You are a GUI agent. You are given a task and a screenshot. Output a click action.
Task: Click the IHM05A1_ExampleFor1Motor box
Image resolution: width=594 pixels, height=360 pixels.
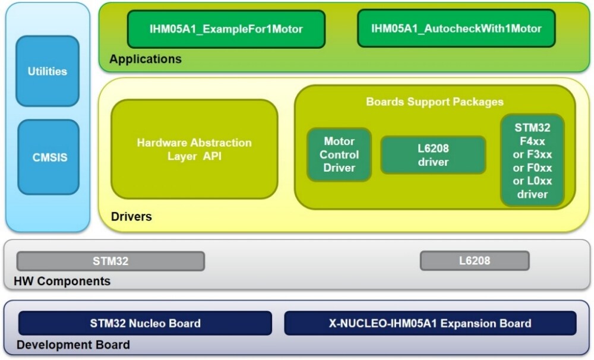click(226, 29)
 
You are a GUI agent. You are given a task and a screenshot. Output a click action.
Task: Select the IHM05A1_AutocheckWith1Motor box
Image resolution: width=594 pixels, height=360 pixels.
click(456, 29)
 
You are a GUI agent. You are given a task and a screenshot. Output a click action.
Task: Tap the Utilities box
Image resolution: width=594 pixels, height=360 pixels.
click(48, 71)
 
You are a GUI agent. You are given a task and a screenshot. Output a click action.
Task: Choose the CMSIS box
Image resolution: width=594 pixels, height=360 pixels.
click(48, 158)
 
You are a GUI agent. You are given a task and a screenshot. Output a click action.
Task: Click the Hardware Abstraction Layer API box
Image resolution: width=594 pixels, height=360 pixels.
click(194, 150)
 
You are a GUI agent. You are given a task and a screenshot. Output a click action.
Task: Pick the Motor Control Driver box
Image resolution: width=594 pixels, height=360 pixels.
click(339, 154)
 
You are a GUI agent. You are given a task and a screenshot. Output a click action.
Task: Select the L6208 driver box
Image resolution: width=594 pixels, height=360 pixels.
click(433, 155)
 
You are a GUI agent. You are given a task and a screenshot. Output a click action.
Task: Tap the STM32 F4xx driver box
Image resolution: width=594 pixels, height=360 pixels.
click(532, 160)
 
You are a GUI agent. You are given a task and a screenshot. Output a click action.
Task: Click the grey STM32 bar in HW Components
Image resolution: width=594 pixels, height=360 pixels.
click(110, 261)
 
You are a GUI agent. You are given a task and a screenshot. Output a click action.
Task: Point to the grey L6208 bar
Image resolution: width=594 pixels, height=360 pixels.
click(475, 260)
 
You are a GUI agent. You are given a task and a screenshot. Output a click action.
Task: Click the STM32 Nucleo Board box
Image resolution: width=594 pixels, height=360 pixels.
click(145, 324)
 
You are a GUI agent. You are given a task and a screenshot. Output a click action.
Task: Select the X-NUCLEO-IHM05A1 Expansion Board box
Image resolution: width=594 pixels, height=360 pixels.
click(430, 324)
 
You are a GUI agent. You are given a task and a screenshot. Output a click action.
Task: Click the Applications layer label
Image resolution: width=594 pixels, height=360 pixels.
click(146, 59)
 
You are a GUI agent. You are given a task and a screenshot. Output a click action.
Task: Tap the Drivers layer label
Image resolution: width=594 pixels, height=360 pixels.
click(131, 217)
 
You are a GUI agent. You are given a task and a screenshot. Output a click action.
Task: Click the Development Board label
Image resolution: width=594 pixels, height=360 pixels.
click(73, 345)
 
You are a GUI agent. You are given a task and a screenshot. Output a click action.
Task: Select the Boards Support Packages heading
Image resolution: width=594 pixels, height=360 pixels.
click(435, 102)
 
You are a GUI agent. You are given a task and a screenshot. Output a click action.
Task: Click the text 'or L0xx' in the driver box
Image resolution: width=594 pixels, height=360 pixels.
click(532, 181)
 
